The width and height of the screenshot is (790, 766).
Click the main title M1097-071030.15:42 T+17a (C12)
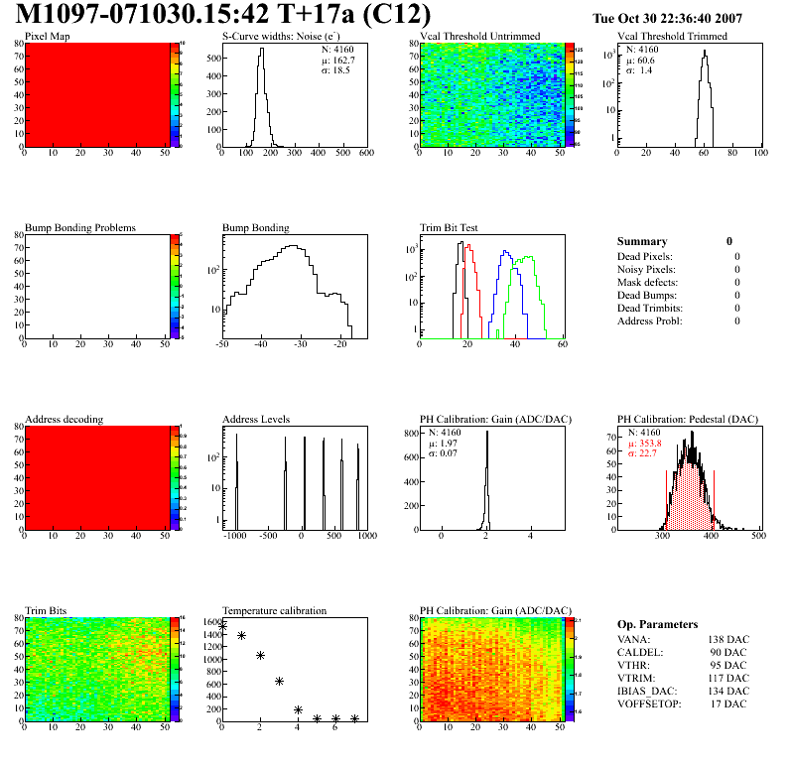[x=224, y=15]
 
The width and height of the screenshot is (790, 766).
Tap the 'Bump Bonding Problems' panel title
[x=80, y=228]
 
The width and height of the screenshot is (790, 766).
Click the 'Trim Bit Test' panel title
[x=450, y=228]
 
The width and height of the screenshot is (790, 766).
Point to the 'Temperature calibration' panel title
[x=274, y=611]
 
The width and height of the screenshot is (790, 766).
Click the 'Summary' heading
[x=642, y=241]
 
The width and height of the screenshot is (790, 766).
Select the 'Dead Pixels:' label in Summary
[x=645, y=257]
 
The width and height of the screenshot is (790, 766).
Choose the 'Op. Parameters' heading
[x=657, y=625]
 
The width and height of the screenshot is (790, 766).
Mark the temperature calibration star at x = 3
[x=279, y=681]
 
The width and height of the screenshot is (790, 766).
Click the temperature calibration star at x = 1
[x=241, y=635]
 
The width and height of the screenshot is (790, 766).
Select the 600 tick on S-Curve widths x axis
[x=365, y=154]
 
